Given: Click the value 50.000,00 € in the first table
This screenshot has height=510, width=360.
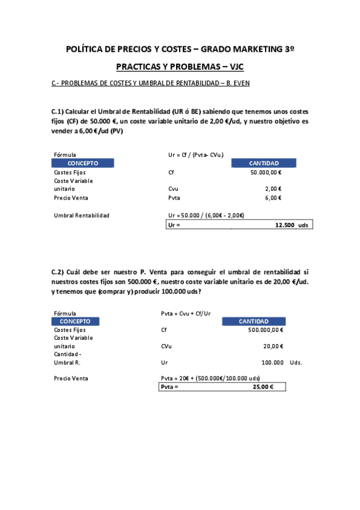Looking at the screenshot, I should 266,172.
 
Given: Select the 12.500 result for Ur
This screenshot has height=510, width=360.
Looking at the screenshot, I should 285,225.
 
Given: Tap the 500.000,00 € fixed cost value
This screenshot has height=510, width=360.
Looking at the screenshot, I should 266,330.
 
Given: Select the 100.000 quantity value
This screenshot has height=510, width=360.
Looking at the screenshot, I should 273,363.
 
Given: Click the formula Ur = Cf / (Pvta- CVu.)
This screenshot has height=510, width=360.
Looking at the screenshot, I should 197,155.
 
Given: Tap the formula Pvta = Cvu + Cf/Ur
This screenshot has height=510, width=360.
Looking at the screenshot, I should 186,313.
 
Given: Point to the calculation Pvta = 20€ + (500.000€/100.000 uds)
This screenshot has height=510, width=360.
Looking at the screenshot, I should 210,378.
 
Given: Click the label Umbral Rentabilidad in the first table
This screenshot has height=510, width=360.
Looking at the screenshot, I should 82,215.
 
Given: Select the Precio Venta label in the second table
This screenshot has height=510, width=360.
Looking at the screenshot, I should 71,378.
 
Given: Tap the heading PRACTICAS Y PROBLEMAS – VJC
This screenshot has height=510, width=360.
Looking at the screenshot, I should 180,67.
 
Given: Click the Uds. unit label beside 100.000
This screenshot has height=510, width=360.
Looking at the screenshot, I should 296,363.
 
